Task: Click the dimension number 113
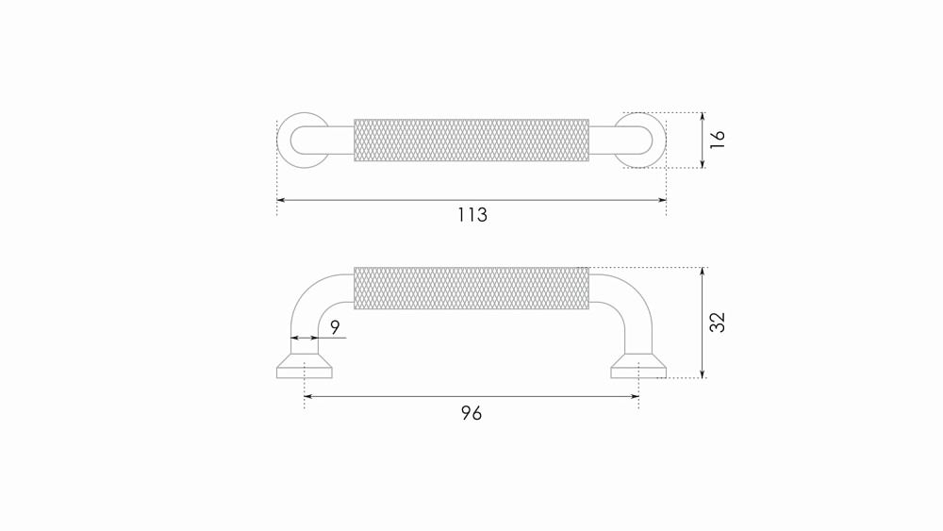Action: [x=472, y=215]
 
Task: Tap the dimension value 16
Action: [x=718, y=140]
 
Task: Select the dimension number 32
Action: [x=718, y=323]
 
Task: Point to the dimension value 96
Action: [x=471, y=413]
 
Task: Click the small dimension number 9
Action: [x=335, y=327]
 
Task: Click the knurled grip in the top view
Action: [x=471, y=141]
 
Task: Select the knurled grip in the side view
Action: [x=471, y=288]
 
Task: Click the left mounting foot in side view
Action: [x=305, y=367]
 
